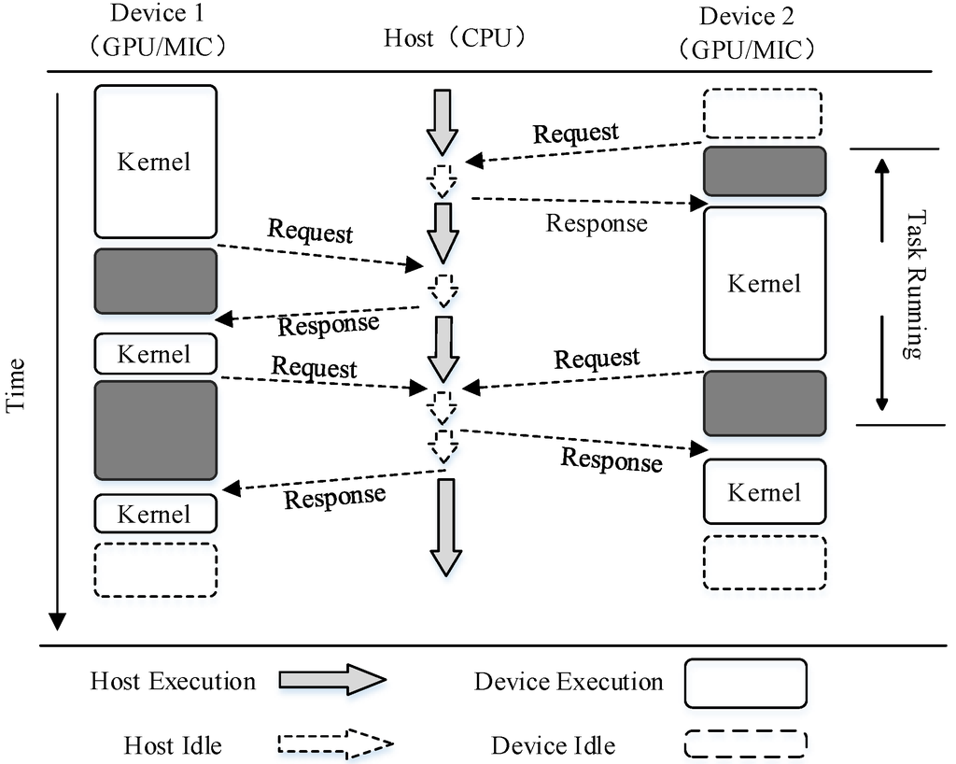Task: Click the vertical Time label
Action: [x=16, y=385]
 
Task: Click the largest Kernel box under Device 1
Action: [x=155, y=162]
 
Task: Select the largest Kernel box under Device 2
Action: [x=764, y=283]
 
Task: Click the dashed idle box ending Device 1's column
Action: [x=155, y=569]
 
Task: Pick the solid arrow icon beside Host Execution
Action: [x=331, y=680]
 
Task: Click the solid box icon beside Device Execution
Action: [x=745, y=683]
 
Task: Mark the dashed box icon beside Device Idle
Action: [x=745, y=743]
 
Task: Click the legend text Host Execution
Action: [x=173, y=681]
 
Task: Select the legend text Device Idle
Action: [x=553, y=745]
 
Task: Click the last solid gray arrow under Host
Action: [x=445, y=526]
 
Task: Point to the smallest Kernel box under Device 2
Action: [x=764, y=491]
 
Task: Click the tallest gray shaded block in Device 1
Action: [x=155, y=430]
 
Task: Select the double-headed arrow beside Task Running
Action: [x=880, y=285]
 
